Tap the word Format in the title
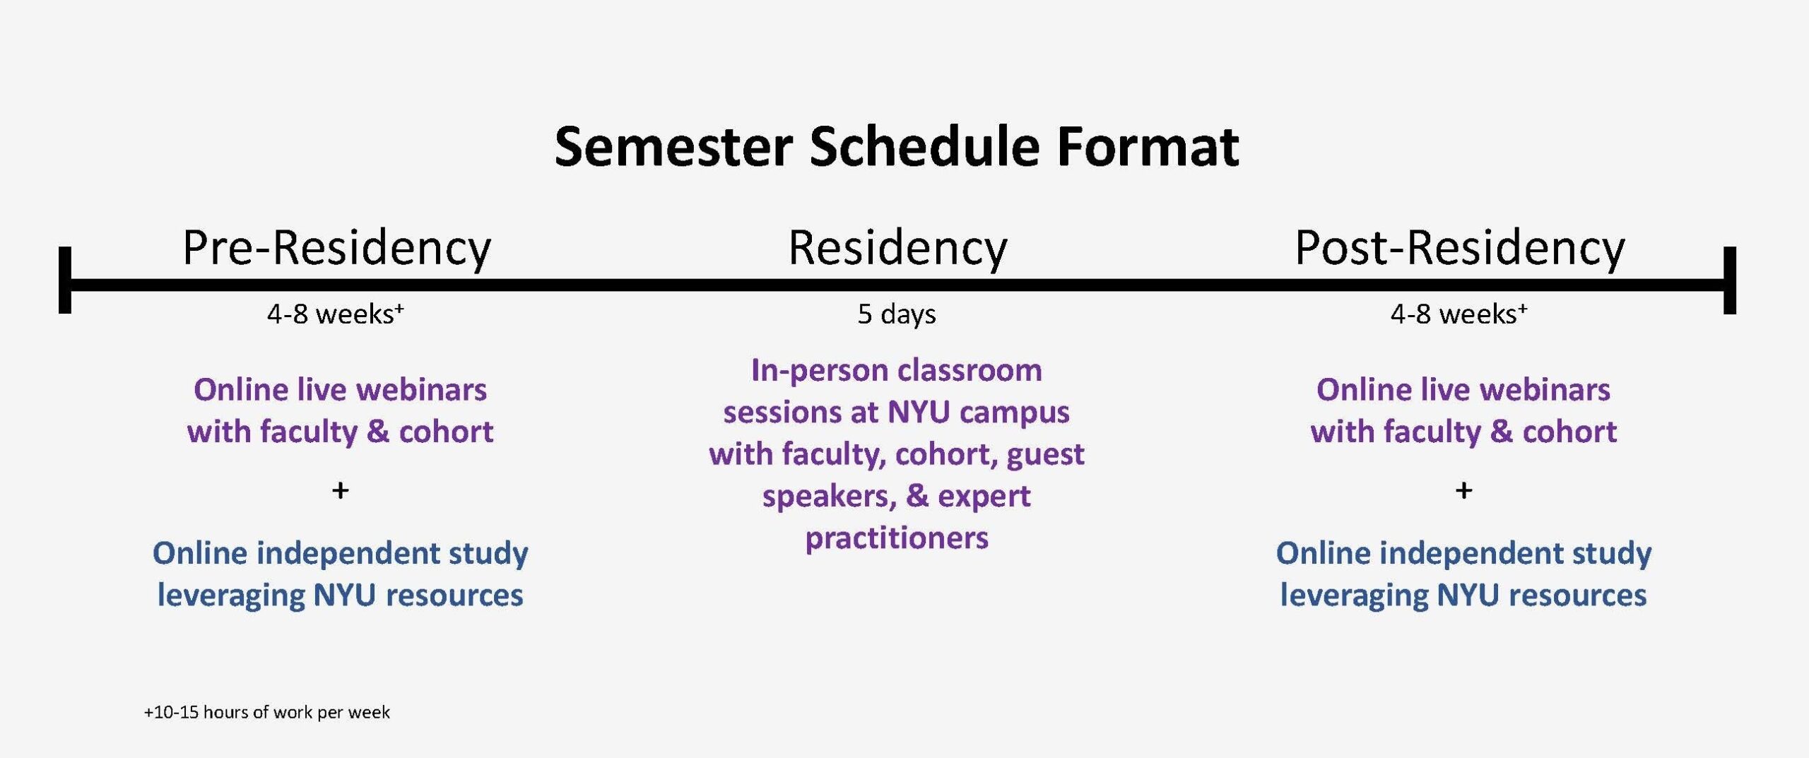pos(1148,147)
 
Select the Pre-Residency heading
pos(336,249)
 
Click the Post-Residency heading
pos(1460,249)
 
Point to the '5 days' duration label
pos(897,314)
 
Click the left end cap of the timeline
pos(65,280)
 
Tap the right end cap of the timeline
pos(1730,280)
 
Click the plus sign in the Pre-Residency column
pos(341,490)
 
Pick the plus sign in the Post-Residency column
pos(1464,490)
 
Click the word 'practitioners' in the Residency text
pos(897,538)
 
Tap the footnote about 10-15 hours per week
pos(266,712)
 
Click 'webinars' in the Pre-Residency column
pos(420,390)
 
